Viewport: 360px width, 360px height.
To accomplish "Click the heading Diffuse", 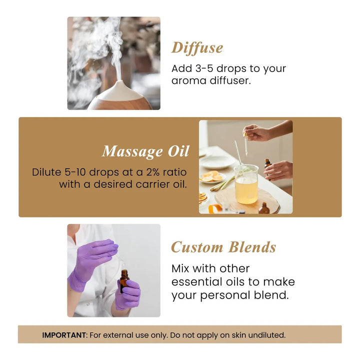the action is pos(197,48).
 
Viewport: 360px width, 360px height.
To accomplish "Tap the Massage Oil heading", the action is pos(146,151).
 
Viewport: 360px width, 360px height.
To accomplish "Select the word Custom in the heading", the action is pos(197,247).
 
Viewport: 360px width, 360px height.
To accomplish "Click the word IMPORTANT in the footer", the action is pos(64,335).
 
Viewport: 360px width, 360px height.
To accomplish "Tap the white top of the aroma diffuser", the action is pos(119,90).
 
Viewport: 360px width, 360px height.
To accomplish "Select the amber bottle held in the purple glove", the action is pos(124,281).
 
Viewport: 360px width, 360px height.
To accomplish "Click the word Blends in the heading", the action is pos(252,247).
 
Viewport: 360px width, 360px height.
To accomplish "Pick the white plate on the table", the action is pos(216,162).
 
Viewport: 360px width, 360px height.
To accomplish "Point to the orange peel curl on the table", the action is pos(214,208).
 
